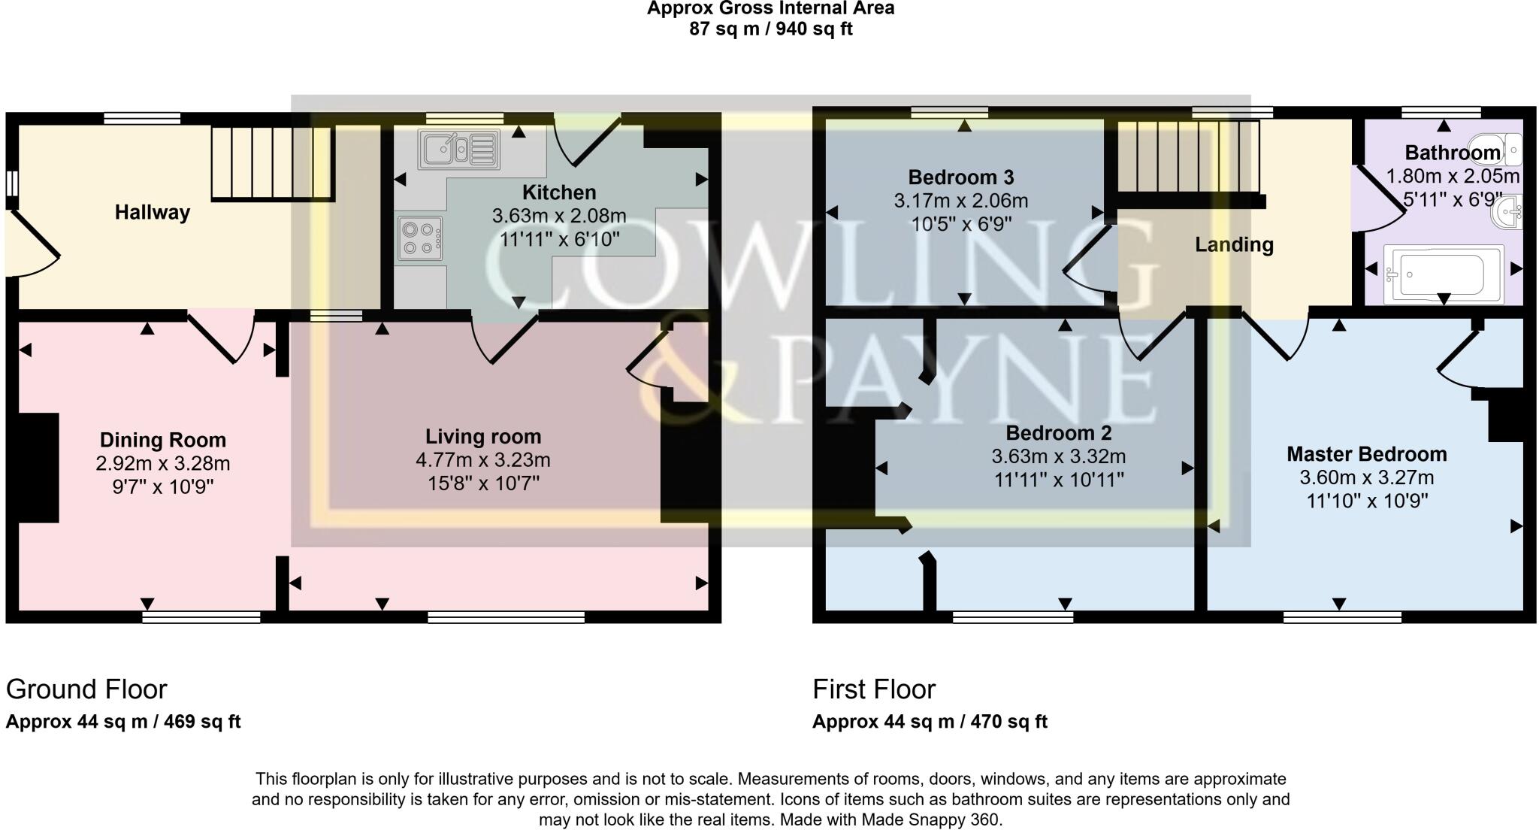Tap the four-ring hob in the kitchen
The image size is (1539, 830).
[x=419, y=238]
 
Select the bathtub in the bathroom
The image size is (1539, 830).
[x=1443, y=274]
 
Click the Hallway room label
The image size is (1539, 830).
[x=152, y=213]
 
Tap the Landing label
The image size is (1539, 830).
[x=1234, y=245]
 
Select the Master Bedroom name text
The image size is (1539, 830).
[x=1366, y=454]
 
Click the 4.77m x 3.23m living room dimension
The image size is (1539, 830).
[x=483, y=459]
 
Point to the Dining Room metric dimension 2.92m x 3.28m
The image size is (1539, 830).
[x=162, y=463]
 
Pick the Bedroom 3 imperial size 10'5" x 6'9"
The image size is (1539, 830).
[x=960, y=224]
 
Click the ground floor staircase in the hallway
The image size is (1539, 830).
[x=271, y=163]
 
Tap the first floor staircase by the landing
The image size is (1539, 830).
[x=1187, y=157]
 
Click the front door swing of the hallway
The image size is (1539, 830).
[x=34, y=244]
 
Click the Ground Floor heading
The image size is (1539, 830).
[x=86, y=689]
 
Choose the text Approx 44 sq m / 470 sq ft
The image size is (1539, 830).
[x=929, y=722]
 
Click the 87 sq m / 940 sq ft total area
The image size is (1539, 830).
[x=769, y=29]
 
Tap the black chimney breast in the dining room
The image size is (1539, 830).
[x=38, y=467]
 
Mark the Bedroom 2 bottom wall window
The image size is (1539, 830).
[x=1012, y=617]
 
